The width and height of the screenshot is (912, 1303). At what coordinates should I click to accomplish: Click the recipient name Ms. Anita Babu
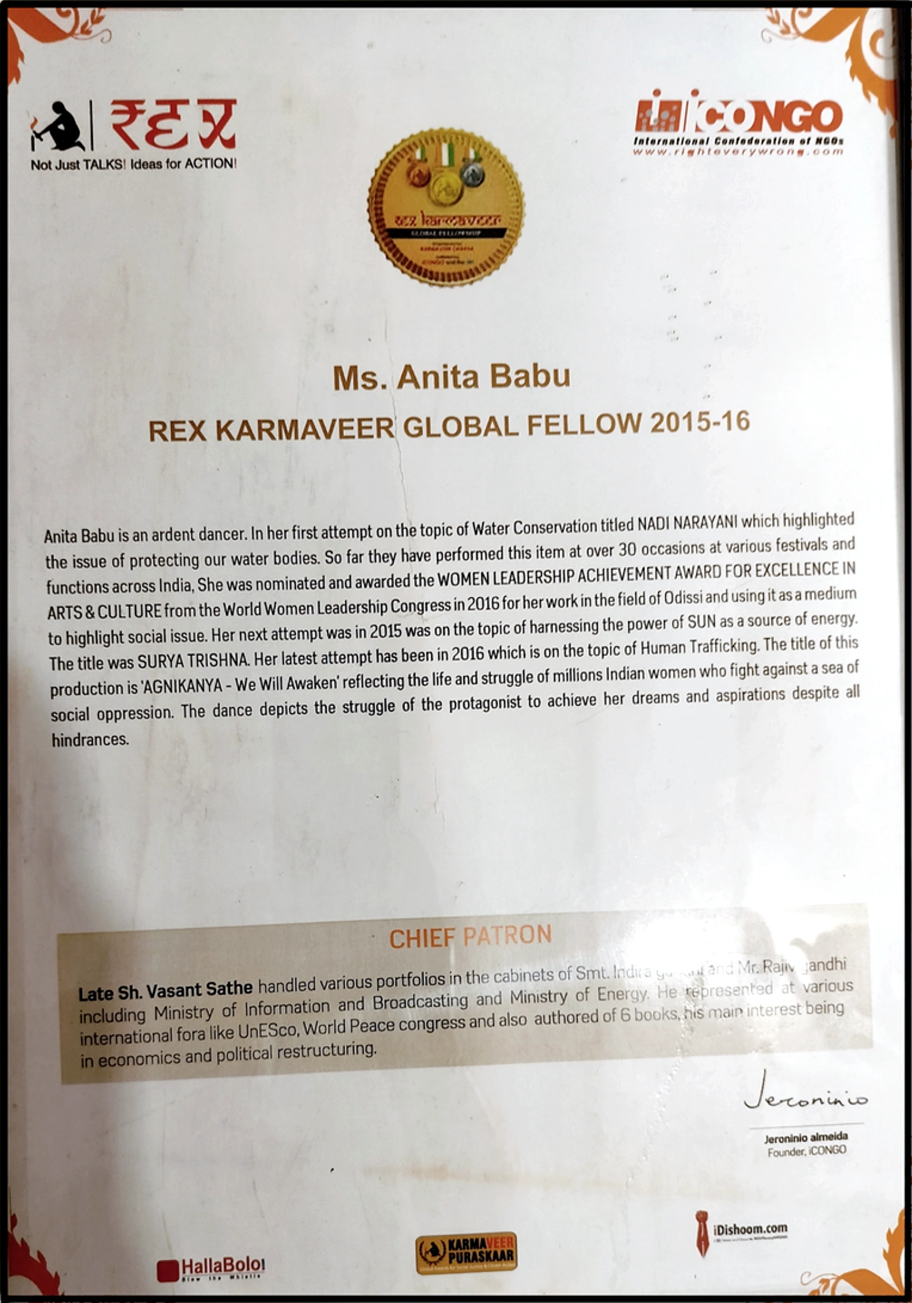tap(452, 377)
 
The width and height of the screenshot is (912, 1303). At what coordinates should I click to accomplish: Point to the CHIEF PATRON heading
tap(470, 937)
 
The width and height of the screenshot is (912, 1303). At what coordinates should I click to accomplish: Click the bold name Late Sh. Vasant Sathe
tap(165, 990)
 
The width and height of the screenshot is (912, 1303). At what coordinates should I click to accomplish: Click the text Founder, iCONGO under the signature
tap(806, 1151)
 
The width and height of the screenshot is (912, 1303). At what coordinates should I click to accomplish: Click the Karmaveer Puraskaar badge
tap(466, 1253)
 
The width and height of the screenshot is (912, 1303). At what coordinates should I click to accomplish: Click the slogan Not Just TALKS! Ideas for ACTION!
tap(134, 164)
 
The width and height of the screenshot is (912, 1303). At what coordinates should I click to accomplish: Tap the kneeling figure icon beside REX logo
tap(57, 127)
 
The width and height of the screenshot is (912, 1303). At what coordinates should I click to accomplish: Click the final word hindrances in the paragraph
tap(90, 739)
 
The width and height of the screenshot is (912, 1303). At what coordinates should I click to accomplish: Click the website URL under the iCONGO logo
tap(738, 152)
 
